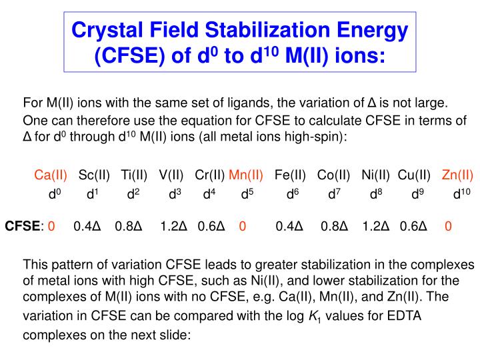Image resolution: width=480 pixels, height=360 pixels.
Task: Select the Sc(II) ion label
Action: click(94, 175)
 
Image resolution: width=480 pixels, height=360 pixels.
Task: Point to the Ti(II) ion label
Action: click(134, 175)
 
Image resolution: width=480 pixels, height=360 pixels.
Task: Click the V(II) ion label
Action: click(171, 175)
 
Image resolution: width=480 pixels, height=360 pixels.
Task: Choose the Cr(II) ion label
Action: click(210, 175)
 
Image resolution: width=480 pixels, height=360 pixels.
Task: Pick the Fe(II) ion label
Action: click(290, 175)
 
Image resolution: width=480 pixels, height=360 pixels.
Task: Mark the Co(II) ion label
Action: click(333, 175)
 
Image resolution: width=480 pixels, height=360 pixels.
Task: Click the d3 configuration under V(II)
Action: click(175, 195)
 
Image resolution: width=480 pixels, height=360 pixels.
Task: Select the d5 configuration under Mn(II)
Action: click(247, 195)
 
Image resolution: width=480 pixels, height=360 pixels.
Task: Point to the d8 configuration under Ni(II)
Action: click(375, 195)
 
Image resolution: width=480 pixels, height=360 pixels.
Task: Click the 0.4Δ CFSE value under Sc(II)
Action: click(87, 226)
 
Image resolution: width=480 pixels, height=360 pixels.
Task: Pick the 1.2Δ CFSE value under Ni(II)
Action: click(376, 226)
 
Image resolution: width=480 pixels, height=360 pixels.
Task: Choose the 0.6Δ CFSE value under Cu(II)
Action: click(413, 226)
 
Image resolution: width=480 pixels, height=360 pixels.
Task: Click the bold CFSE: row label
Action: click(25, 226)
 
